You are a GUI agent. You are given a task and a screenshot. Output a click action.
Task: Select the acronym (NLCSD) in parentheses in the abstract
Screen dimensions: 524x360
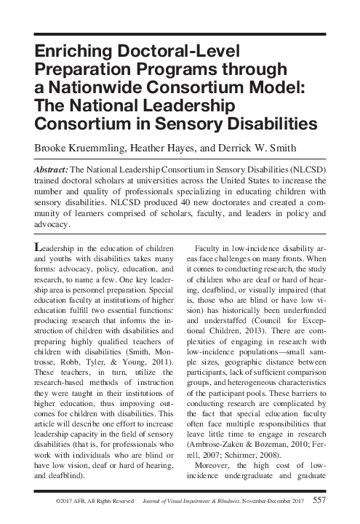[311, 168]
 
